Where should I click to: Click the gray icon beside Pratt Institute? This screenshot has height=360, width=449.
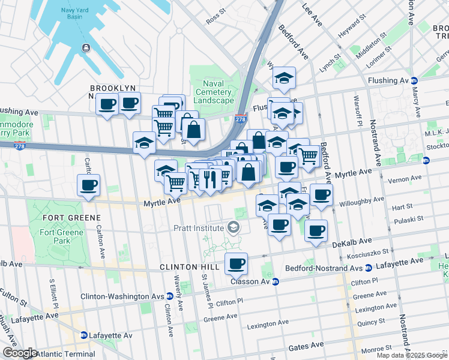pyautogui.click(x=233, y=228)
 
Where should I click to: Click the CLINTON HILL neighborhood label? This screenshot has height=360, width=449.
pyautogui.click(x=187, y=266)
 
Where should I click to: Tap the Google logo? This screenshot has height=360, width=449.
pyautogui.click(x=19, y=353)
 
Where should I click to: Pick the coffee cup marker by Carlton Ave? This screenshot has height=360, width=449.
pyautogui.click(x=88, y=185)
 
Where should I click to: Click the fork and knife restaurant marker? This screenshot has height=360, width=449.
pyautogui.click(x=211, y=178)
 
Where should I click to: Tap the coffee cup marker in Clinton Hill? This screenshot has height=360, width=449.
pyautogui.click(x=237, y=263)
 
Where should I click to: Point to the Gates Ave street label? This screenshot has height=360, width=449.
pyautogui.click(x=306, y=346)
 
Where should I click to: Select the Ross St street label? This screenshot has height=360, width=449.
pyautogui.click(x=215, y=11)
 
